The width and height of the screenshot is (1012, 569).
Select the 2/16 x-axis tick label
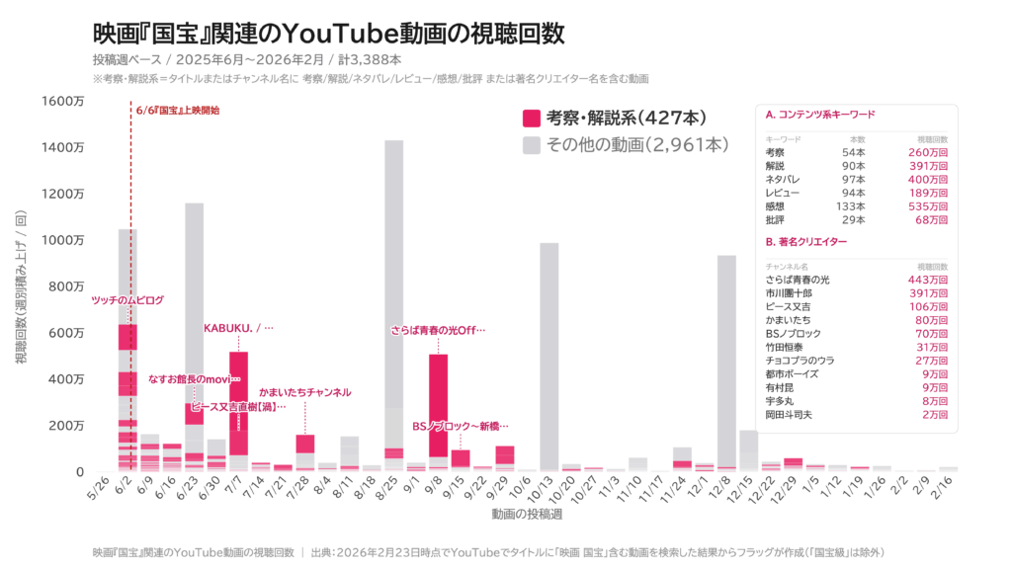pyautogui.click(x=947, y=487)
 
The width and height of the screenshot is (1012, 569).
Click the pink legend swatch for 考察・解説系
pyautogui.click(x=531, y=118)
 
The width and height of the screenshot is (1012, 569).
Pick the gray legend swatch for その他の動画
pyautogui.click(x=531, y=145)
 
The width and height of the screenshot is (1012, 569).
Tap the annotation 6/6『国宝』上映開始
pyautogui.click(x=178, y=110)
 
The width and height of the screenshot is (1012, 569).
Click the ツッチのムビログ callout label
pyautogui.click(x=127, y=299)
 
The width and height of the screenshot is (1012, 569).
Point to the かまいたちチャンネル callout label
pyautogui.click(x=304, y=392)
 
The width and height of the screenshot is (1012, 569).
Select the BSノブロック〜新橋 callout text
pyautogui.click(x=461, y=426)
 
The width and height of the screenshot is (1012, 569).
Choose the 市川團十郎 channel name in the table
pyautogui.click(x=789, y=293)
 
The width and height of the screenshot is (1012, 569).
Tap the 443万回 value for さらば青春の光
pyautogui.click(x=928, y=280)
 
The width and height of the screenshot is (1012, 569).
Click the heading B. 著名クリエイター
pyautogui.click(x=807, y=241)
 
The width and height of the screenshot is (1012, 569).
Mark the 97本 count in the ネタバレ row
pyautogui.click(x=854, y=179)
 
